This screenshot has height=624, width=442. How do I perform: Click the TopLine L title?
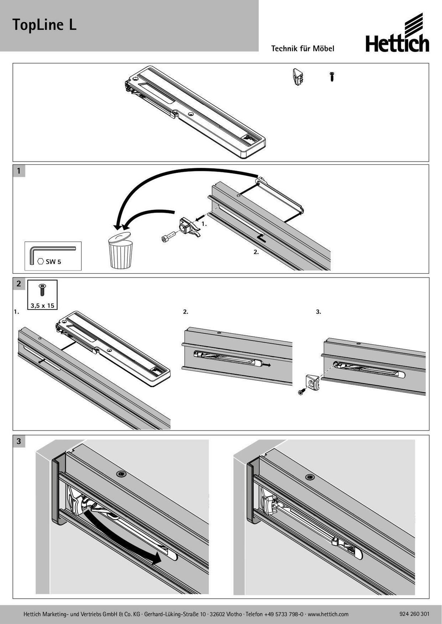44,25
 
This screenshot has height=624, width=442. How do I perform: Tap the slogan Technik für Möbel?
302,49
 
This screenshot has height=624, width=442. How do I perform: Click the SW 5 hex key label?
53,262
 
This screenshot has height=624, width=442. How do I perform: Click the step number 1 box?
19,171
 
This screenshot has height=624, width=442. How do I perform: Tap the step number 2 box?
19,284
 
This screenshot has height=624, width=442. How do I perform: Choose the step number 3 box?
19,441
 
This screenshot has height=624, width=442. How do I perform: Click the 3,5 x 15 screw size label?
43,305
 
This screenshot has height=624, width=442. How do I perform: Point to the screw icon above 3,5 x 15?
42,290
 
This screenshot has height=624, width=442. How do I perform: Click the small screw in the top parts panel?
332,76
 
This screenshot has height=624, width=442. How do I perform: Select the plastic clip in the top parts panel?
298,77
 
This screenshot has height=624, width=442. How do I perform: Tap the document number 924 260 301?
414,614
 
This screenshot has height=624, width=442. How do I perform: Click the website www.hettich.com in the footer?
328,614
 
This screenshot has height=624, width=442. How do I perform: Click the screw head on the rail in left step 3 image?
122,474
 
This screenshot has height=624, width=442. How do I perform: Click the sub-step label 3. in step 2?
319,312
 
